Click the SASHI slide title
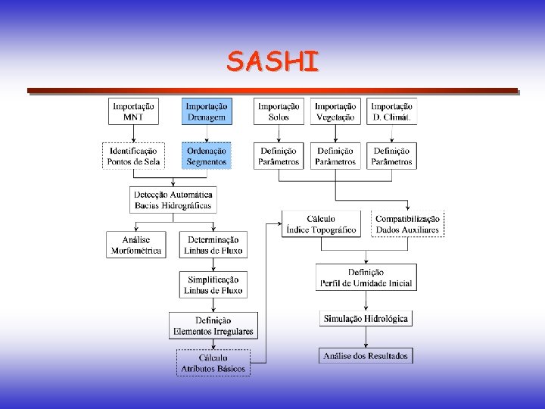(x=272, y=61)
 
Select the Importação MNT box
(x=133, y=111)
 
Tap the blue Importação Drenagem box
(x=207, y=111)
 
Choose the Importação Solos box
(x=279, y=111)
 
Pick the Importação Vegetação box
(x=335, y=111)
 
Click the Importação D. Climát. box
(x=391, y=111)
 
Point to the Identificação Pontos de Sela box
(x=133, y=156)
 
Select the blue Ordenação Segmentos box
(x=207, y=156)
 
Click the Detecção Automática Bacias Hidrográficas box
(x=173, y=200)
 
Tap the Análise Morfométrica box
(x=136, y=245)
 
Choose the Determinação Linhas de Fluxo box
(x=213, y=245)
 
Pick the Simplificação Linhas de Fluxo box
(x=213, y=285)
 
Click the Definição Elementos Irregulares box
(x=213, y=326)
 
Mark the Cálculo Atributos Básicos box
(x=213, y=363)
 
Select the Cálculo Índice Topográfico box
(x=321, y=224)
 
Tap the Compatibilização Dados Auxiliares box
(x=407, y=224)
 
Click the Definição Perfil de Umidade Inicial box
(x=366, y=277)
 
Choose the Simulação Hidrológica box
(x=366, y=319)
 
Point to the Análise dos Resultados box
(x=366, y=355)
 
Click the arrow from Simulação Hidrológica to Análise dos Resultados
(x=366, y=337)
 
